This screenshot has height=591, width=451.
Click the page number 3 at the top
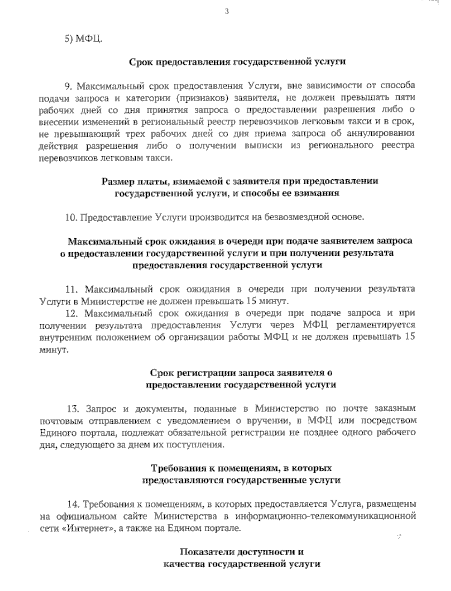(x=226, y=11)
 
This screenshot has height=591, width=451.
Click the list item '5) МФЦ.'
(x=83, y=39)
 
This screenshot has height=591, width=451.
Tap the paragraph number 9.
(x=68, y=86)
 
